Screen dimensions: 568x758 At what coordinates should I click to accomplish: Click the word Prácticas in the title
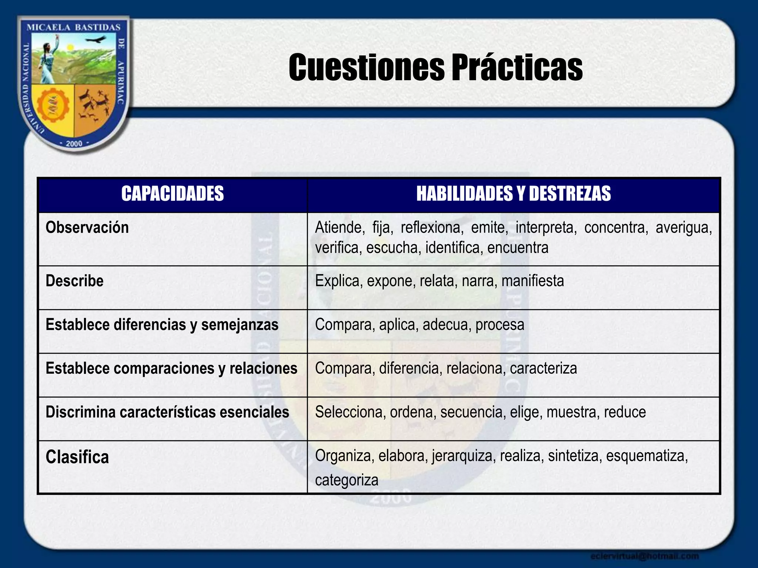click(x=516, y=68)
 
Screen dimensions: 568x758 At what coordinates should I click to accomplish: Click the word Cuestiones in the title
click(x=366, y=68)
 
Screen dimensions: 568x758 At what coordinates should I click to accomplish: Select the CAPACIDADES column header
click(x=172, y=194)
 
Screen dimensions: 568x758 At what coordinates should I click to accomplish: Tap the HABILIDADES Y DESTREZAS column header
click(x=513, y=194)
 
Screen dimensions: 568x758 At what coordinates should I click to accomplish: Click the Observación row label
click(x=87, y=227)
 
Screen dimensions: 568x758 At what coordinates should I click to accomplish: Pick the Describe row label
click(x=74, y=281)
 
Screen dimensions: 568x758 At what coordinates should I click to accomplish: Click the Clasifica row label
click(x=77, y=457)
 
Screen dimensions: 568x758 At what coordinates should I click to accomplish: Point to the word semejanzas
click(x=239, y=325)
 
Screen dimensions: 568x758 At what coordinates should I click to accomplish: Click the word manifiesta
click(x=533, y=281)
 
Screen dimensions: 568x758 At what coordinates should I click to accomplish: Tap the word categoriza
click(x=346, y=480)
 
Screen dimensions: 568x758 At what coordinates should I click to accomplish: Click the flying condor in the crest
click(x=95, y=40)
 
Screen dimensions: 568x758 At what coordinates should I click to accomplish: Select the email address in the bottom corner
click(x=644, y=556)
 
